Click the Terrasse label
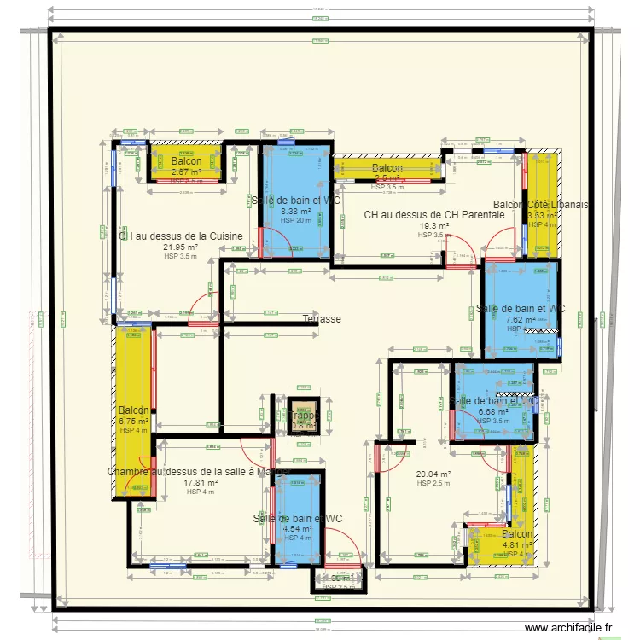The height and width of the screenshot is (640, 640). click(x=322, y=319)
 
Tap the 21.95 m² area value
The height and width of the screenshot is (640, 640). click(x=180, y=247)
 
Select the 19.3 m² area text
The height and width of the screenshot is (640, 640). click(x=433, y=226)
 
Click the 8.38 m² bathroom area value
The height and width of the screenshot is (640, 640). click(x=296, y=212)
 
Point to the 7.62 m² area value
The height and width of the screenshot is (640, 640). click(x=521, y=319)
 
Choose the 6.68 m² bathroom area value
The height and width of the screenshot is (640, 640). click(x=494, y=411)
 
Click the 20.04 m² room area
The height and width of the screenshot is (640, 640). click(x=433, y=474)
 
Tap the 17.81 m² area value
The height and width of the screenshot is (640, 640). click(x=201, y=482)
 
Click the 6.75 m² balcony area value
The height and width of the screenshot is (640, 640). click(x=134, y=421)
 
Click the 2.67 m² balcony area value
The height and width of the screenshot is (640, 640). click(x=186, y=172)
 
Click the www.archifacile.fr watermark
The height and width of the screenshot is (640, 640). click(x=570, y=628)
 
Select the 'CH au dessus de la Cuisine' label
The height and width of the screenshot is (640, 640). click(x=180, y=236)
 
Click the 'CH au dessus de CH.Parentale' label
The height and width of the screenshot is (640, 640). click(x=433, y=215)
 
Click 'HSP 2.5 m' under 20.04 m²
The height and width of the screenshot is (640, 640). click(x=433, y=484)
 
